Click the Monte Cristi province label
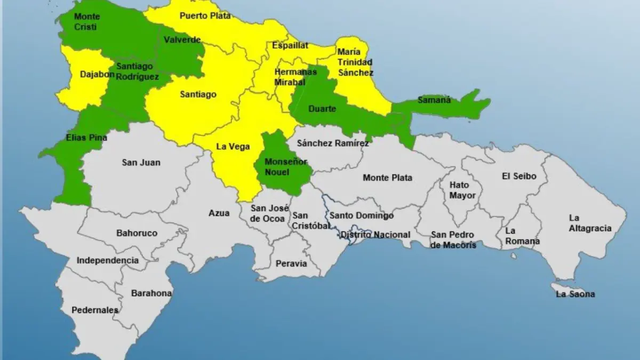86,21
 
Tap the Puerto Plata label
205,15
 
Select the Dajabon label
97,75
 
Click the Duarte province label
322,109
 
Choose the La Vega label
233,147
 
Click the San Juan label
141,162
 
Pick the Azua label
219,213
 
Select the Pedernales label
95,310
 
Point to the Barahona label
151,293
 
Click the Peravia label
291,263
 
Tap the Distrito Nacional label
375,235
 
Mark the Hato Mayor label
459,190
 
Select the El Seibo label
519,176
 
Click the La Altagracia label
590,223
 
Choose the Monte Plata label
387,178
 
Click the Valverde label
182,40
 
